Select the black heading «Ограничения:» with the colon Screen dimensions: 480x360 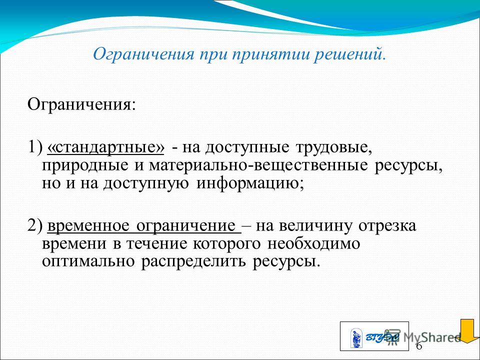point(81,105)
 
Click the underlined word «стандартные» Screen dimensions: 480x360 point(106,148)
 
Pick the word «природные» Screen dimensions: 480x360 point(85,166)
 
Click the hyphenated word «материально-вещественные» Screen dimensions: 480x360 point(258,165)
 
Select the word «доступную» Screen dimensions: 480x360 point(145,184)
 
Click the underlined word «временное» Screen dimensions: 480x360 point(88,226)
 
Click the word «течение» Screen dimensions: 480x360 point(156,244)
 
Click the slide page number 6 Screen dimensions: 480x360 point(419,346)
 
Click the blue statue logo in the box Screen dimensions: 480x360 point(356,338)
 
